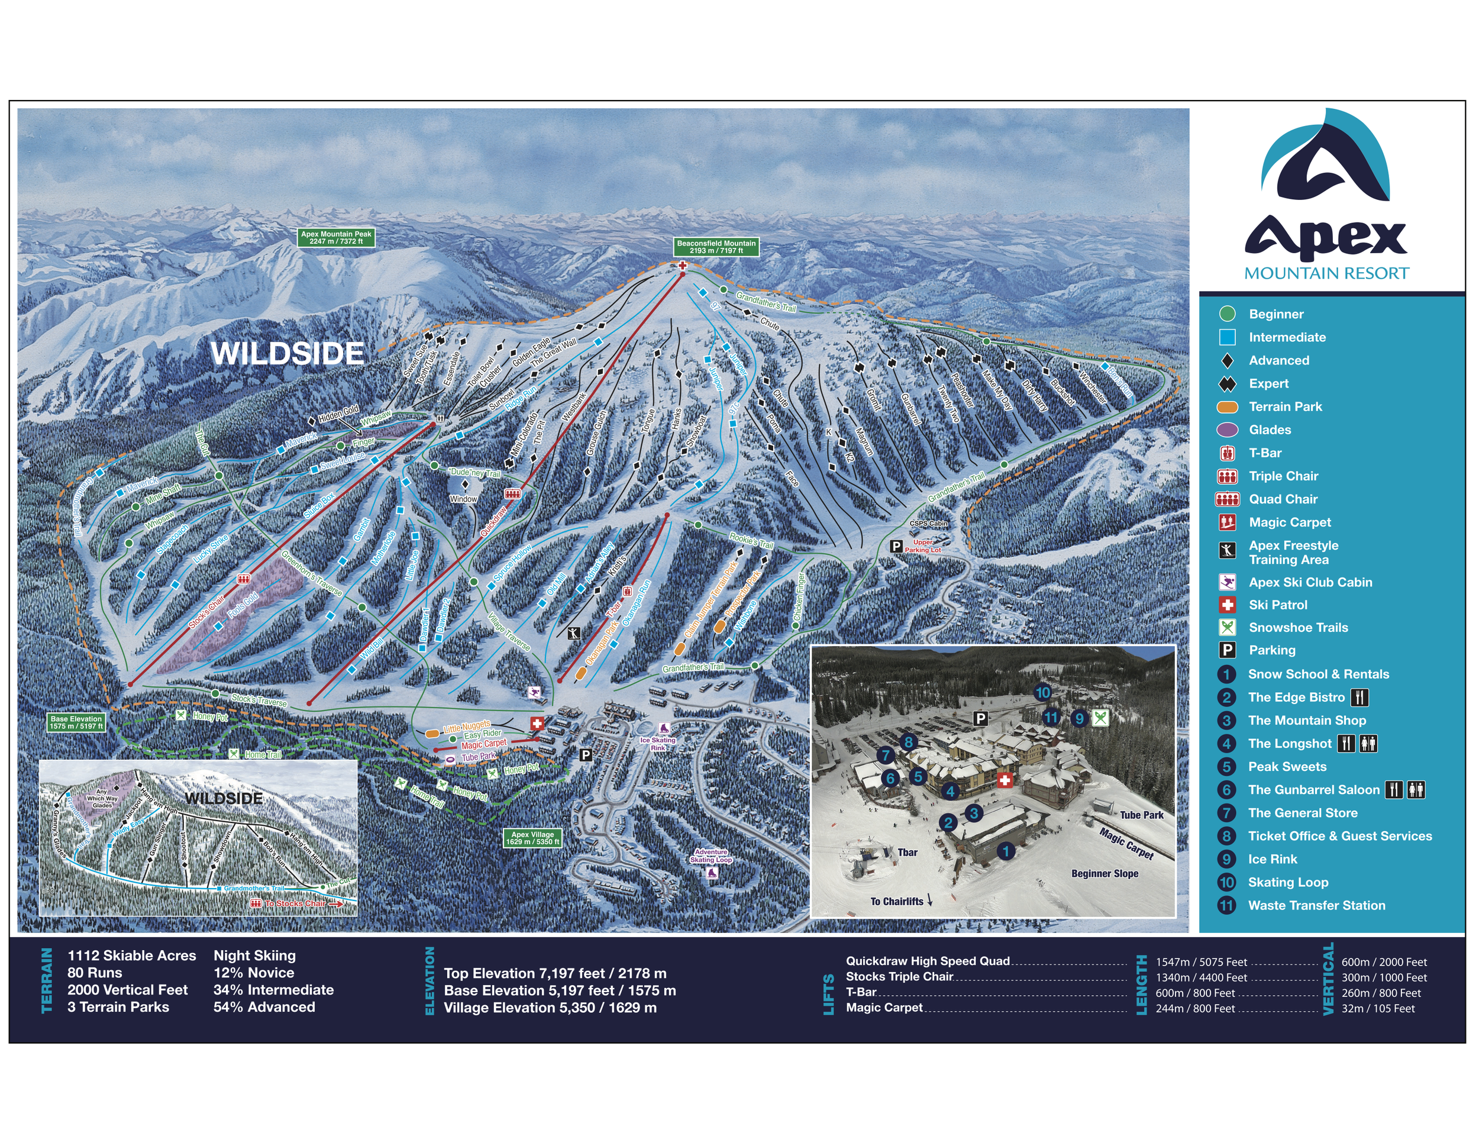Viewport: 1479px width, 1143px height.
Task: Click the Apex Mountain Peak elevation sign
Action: tap(337, 237)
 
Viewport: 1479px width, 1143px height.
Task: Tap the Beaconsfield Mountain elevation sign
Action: tap(716, 247)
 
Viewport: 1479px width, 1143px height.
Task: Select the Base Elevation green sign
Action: tap(76, 722)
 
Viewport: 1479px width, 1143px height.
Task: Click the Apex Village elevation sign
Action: tap(532, 838)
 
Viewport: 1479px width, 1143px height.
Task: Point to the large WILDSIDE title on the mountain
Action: tap(287, 353)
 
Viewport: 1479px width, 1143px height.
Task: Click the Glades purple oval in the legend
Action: tap(1227, 430)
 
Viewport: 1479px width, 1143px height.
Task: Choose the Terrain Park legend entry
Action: tap(1284, 407)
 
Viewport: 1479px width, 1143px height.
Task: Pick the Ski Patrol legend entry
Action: tap(1277, 605)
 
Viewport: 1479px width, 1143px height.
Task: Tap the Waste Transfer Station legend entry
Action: tap(1316, 905)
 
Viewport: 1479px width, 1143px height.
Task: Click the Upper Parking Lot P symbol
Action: tap(896, 546)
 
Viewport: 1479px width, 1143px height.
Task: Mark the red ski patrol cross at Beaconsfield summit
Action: tap(683, 266)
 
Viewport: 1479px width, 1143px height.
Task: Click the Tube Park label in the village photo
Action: tap(1141, 815)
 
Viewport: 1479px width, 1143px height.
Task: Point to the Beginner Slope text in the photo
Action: tap(1105, 873)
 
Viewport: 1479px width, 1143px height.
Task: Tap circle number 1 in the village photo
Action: tap(1006, 851)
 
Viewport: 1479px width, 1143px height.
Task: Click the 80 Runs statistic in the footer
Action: tap(95, 973)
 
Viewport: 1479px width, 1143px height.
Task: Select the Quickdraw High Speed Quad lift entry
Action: tap(927, 961)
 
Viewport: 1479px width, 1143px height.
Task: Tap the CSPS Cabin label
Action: tap(928, 524)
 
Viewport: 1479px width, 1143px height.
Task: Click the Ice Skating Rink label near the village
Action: tap(657, 744)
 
